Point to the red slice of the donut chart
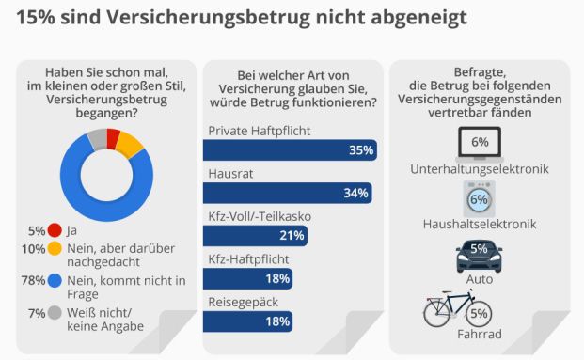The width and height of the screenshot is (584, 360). (x=113, y=139)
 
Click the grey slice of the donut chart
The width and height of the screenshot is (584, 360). (x=97, y=142)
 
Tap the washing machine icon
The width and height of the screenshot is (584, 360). (x=478, y=199)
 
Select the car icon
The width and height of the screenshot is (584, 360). (x=479, y=253)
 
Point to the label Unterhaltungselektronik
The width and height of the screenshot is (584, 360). (x=480, y=169)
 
